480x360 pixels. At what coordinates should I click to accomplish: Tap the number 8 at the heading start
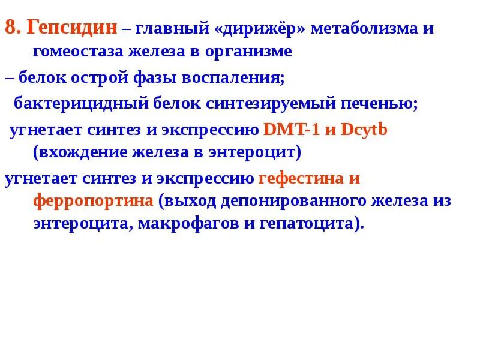click(x=10, y=28)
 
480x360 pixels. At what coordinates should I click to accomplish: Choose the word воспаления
click(x=235, y=77)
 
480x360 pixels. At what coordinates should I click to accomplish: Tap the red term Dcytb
click(x=364, y=129)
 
